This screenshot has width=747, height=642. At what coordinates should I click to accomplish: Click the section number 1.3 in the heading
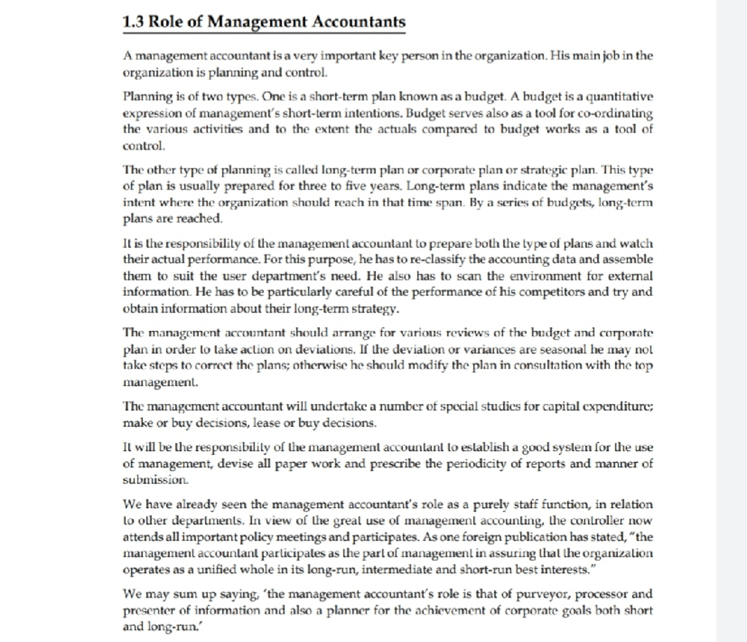133,22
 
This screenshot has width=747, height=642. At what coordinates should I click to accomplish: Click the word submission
155,480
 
